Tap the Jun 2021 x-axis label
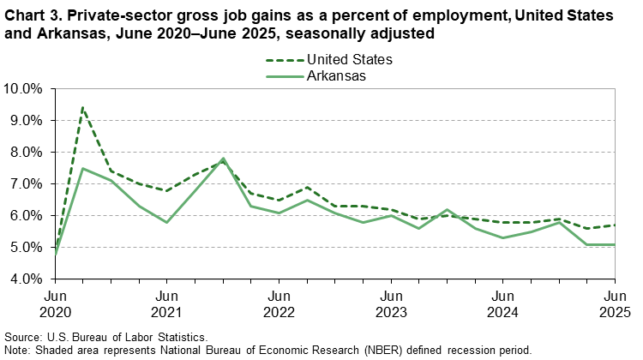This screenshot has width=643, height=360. tap(167, 303)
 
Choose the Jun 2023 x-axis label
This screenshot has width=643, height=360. tap(391, 303)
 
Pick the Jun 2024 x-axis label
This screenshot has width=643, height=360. tap(502, 303)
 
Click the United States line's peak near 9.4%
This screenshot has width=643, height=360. tap(83, 108)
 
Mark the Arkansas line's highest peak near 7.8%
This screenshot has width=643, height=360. tap(223, 159)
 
